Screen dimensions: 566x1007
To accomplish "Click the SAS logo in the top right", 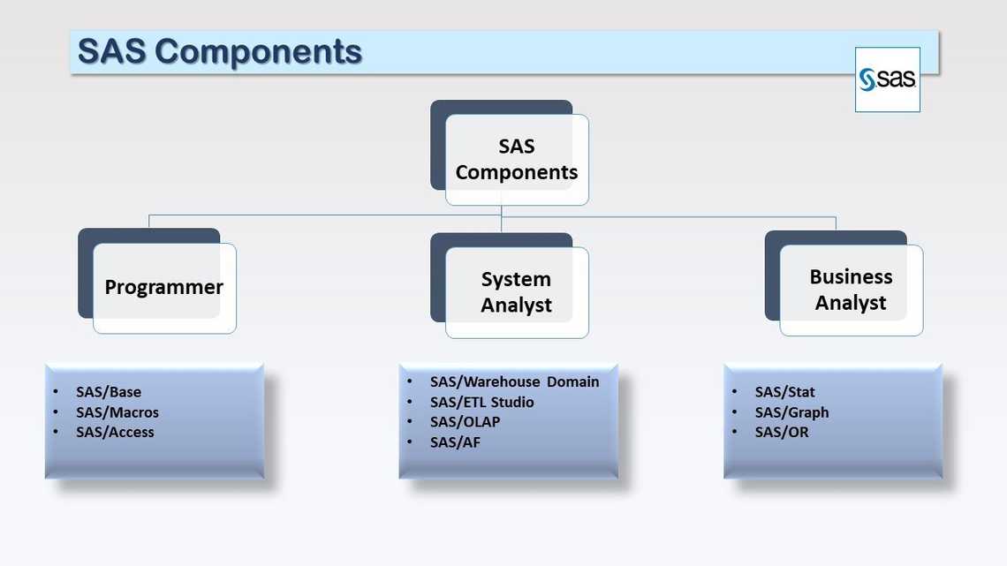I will pyautogui.click(x=887, y=79).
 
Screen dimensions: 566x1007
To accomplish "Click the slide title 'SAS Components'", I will pyautogui.click(x=220, y=51).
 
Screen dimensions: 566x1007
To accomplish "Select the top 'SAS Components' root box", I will pyautogui.click(x=516, y=159).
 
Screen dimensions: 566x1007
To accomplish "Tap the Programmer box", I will pyautogui.click(x=163, y=287).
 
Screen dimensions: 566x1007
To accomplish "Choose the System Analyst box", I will pyautogui.click(x=516, y=291).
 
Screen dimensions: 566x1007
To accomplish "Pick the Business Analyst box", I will pyautogui.click(x=851, y=290).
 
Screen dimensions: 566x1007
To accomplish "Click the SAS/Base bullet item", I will pyautogui.click(x=109, y=392).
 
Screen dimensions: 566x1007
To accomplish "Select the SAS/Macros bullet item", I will pyautogui.click(x=117, y=412).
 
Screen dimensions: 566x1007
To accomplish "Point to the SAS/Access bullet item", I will pyautogui.click(x=115, y=432).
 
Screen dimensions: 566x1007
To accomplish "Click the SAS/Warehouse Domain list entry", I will pyautogui.click(x=514, y=381).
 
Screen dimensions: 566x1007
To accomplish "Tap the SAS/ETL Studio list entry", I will pyautogui.click(x=481, y=402).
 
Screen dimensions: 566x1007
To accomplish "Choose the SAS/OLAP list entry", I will pyautogui.click(x=465, y=422).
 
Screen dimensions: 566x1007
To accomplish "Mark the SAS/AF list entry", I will pyautogui.click(x=455, y=442).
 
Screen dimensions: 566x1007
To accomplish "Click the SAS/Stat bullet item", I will pyautogui.click(x=784, y=392).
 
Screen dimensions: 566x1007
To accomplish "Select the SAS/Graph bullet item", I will pyautogui.click(x=791, y=412).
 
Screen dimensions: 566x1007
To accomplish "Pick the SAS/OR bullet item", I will pyautogui.click(x=782, y=432).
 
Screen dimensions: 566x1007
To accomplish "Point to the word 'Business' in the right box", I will pyautogui.click(x=851, y=276).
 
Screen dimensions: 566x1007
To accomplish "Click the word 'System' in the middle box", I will pyautogui.click(x=516, y=279).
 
